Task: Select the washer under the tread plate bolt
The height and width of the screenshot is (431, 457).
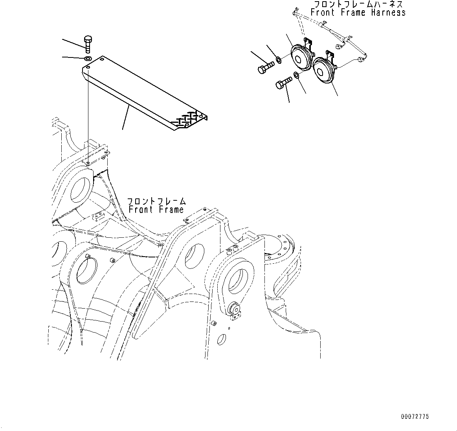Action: (x=88, y=59)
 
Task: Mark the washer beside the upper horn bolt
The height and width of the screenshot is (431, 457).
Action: (x=278, y=60)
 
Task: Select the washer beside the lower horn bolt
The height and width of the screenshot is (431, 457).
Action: (x=297, y=75)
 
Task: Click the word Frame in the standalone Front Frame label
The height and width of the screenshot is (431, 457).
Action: (x=171, y=209)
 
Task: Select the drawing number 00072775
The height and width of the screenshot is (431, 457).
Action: (x=415, y=416)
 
